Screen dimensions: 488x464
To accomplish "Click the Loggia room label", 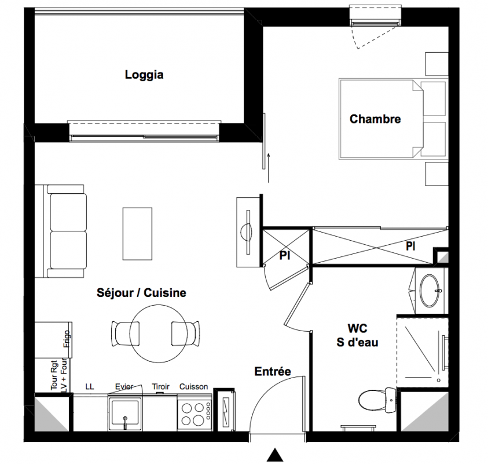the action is point(144,75).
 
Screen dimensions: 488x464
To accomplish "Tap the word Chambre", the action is point(375,119).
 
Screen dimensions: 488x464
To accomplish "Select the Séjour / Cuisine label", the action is point(141,293).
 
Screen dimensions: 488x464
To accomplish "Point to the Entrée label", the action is point(273,371).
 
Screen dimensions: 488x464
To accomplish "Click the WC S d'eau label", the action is point(357,335).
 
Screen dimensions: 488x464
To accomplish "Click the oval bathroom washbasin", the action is point(429,291).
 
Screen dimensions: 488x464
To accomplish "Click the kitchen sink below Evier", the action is point(125,412).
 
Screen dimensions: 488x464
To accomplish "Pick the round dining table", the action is point(159,333).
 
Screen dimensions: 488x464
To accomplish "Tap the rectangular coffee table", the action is point(137,234).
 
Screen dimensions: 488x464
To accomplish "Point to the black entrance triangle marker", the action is point(275,455).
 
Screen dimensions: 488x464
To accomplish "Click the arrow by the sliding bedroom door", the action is point(268,168).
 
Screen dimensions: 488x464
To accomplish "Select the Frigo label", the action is point(67,339).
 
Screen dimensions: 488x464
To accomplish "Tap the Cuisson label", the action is point(193,387).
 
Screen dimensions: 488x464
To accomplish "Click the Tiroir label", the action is point(160,387).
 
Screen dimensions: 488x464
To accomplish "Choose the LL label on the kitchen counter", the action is point(90,387).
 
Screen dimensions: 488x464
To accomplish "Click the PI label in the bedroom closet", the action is point(410,246).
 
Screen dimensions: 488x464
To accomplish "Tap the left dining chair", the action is point(125,333).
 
